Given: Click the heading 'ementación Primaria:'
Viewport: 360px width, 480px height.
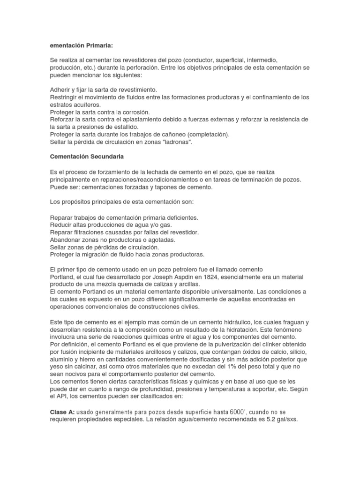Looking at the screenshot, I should (x=82, y=45).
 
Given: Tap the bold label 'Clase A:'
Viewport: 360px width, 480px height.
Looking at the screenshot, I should (x=61, y=412).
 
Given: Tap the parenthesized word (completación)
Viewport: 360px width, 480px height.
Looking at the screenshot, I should (x=206, y=135).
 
